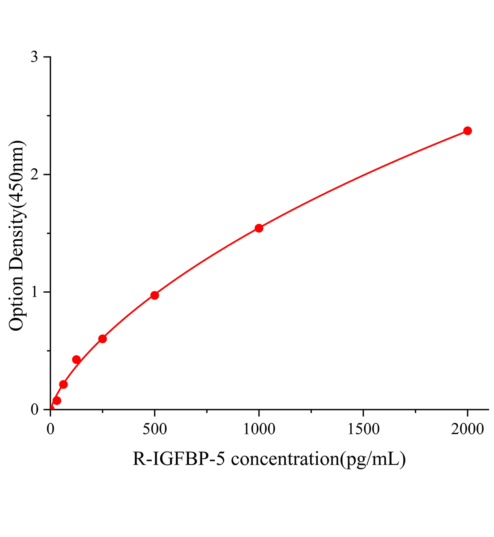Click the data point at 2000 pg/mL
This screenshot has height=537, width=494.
467,131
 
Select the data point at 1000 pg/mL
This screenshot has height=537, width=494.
259,228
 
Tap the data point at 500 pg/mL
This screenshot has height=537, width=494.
154,295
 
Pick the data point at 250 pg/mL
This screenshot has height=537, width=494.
102,339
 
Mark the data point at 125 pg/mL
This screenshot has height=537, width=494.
77,360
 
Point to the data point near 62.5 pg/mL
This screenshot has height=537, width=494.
64,384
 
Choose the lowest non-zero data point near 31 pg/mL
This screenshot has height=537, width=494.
57,401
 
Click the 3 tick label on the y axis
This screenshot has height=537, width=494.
34,57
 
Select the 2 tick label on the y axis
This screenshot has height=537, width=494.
34,175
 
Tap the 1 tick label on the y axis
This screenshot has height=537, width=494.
34,292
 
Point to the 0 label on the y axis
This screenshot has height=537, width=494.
34,410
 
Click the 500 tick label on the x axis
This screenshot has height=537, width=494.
154,430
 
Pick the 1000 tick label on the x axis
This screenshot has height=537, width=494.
259,430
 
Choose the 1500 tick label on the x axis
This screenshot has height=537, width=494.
363,430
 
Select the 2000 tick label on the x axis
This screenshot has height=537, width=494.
467,430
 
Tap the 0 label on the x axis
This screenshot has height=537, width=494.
51,430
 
